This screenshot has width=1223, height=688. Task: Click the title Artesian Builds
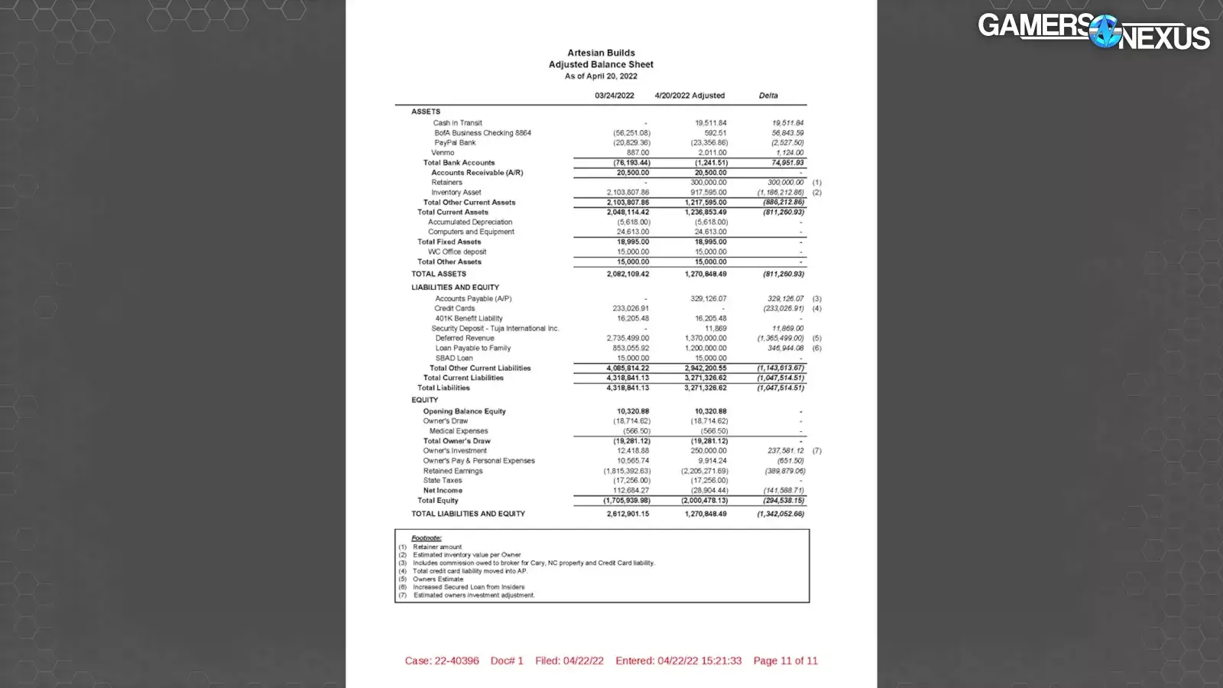pos(601,53)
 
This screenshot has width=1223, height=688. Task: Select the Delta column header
pos(768,96)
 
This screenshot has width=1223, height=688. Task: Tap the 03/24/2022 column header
pos(614,96)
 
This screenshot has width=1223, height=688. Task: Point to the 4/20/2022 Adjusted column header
pos(689,96)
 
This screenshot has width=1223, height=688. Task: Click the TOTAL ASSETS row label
pos(438,274)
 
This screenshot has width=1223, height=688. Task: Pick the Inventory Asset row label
pos(456,193)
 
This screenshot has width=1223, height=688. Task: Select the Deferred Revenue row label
pos(465,338)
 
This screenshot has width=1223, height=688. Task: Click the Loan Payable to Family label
pos(473,348)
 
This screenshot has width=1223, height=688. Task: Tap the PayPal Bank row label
pos(455,143)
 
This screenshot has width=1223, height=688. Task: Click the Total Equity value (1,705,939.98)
pos(626,501)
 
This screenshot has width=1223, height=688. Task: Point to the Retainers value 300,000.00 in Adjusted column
pos(709,183)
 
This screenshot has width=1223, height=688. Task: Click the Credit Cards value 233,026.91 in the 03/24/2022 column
pos(631,309)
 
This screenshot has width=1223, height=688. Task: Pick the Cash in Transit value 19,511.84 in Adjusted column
pos(710,123)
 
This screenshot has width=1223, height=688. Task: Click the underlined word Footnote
pos(426,538)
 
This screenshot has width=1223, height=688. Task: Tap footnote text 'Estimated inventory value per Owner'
pos(466,555)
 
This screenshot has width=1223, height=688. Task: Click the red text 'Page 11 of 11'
pos(785,660)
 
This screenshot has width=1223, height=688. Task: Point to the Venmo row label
pos(443,153)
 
